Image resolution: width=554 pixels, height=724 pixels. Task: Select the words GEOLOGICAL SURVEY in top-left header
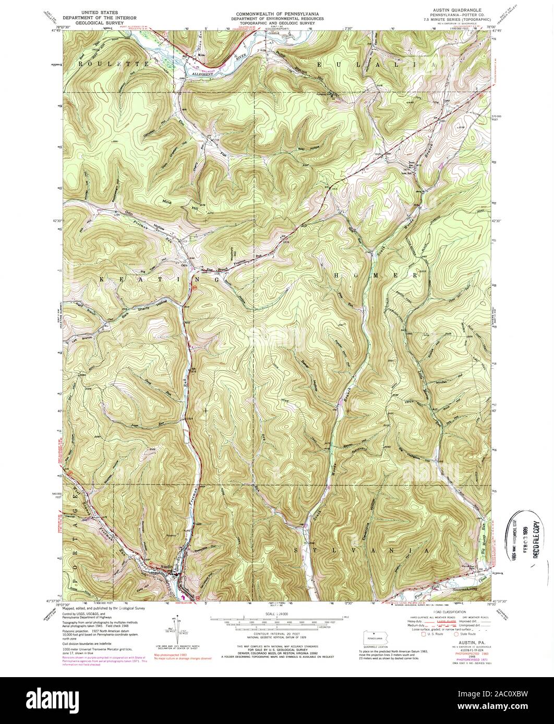click(x=100, y=23)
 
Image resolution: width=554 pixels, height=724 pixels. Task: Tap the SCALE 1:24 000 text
click(x=276, y=615)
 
